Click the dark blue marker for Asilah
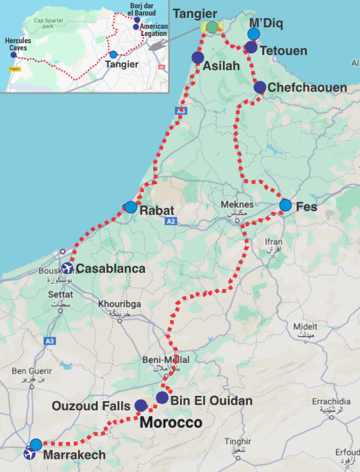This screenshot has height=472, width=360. (197, 58)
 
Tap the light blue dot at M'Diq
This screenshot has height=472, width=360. (254, 34)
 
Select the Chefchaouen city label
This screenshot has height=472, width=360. (307, 88)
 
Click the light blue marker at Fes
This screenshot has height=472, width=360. (285, 206)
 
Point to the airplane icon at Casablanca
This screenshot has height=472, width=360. (67, 268)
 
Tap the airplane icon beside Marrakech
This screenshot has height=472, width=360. (29, 455)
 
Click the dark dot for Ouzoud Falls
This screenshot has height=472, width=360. (140, 406)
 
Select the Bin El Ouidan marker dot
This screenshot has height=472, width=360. (162, 398)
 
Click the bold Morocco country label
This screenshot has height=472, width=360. (171, 423)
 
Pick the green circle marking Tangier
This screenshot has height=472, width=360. (212, 27)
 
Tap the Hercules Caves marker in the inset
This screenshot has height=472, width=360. (13, 55)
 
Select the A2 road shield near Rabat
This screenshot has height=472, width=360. (172, 221)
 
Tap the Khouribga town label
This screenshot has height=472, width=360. (121, 304)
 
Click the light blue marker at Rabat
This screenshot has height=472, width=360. (131, 207)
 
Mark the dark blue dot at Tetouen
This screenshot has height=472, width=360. (251, 47)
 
